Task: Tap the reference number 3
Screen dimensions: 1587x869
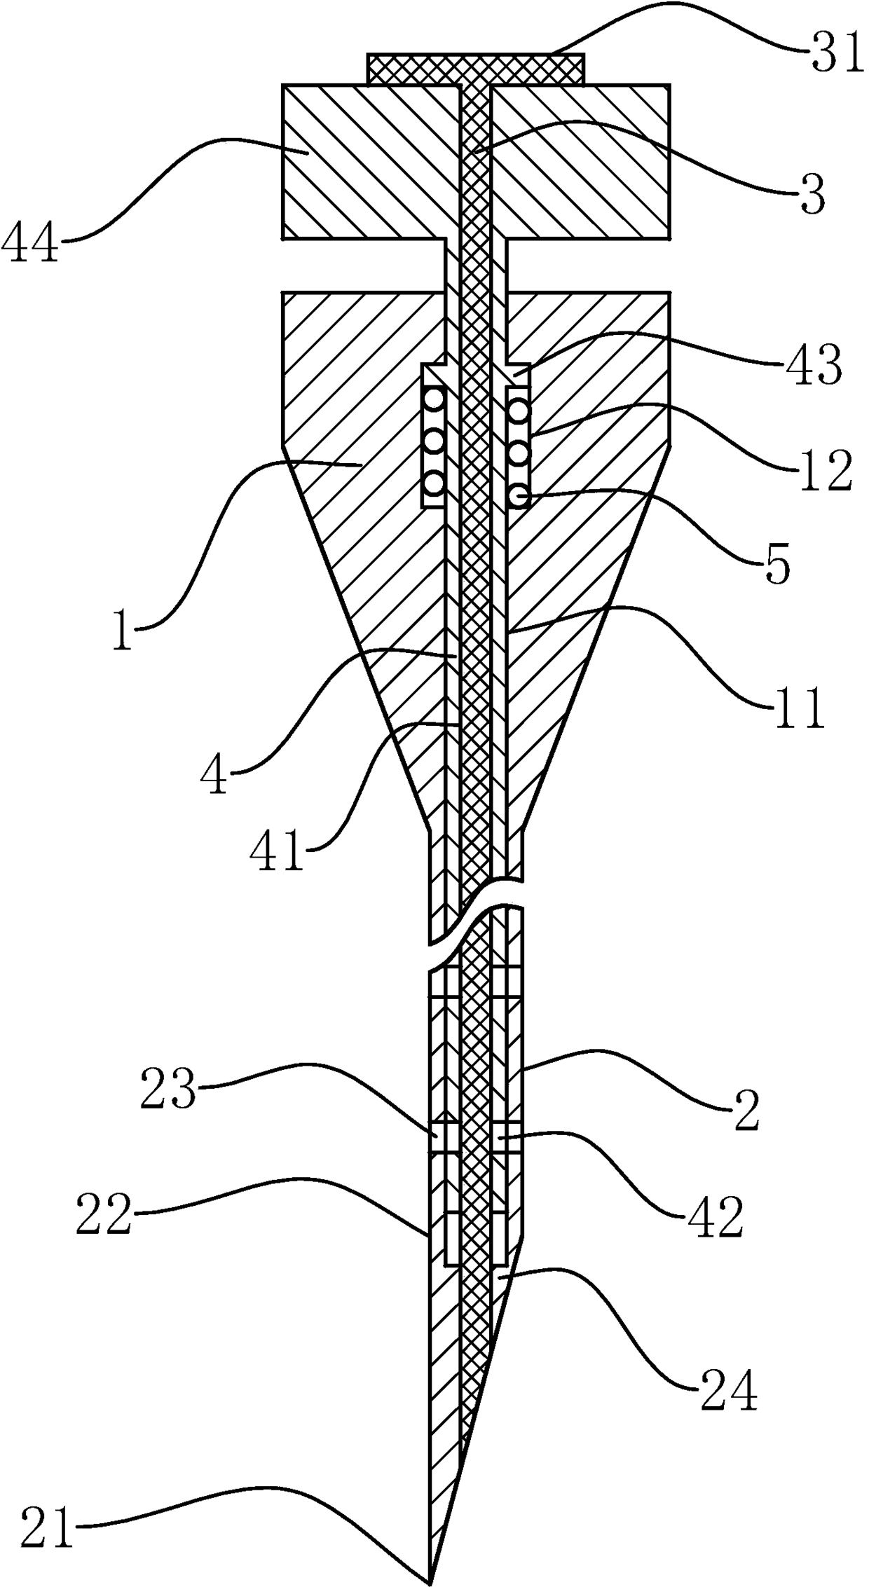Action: coord(812,196)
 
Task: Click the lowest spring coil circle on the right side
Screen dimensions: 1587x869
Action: coord(519,496)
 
